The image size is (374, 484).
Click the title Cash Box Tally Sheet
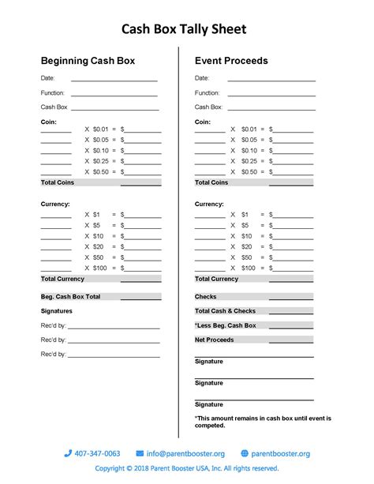184,30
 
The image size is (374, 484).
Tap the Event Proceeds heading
231,60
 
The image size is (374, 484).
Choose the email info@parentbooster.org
185,453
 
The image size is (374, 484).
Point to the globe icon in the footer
245,453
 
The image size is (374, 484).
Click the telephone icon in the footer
68,453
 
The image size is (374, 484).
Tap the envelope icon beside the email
140,453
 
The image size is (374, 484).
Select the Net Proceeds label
214,340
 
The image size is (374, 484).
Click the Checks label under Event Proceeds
206,297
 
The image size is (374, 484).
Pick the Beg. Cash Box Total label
70,297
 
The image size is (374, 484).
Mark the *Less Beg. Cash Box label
226,325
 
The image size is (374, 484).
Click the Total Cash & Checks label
225,311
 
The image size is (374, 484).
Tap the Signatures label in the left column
56,311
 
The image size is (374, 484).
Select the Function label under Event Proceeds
208,92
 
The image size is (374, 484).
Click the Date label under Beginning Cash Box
47,78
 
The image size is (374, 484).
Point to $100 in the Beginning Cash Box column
100,268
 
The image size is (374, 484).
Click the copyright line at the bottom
187,468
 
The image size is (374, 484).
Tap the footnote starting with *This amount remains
263,422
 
